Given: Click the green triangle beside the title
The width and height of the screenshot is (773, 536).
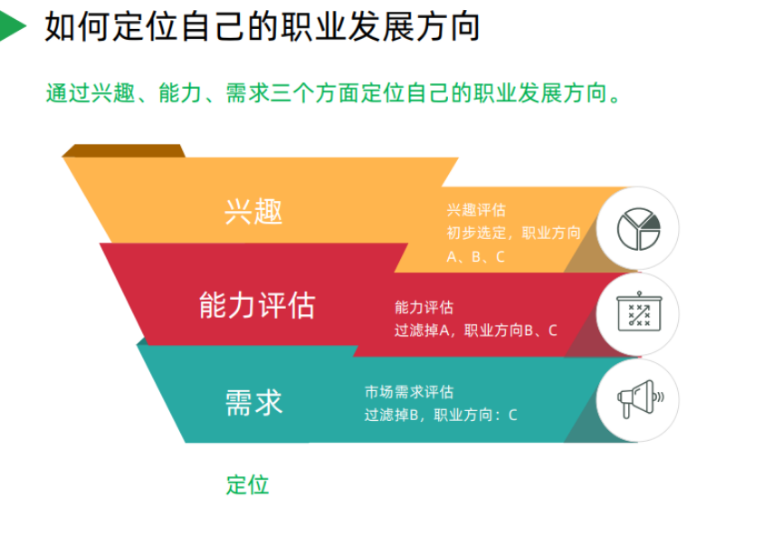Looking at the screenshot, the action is click(x=11, y=26).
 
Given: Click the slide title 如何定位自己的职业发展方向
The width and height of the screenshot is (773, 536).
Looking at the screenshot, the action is click(x=262, y=27).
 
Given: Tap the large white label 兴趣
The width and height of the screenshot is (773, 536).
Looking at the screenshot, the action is click(x=253, y=211).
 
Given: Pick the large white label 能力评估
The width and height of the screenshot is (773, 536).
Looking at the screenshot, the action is click(x=257, y=305).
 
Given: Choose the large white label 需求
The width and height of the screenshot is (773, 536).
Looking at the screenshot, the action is click(x=253, y=401).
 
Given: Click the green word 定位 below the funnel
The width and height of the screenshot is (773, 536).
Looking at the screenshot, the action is click(x=247, y=484).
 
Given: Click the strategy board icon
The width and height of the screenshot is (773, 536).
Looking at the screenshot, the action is click(x=638, y=313).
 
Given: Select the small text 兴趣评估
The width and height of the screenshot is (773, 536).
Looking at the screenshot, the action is click(x=475, y=210).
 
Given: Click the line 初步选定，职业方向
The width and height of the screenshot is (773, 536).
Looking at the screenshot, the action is click(x=513, y=233).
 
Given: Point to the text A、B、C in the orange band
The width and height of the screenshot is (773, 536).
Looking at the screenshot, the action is click(x=475, y=256).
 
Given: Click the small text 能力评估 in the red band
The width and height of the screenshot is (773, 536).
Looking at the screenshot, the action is click(x=424, y=308).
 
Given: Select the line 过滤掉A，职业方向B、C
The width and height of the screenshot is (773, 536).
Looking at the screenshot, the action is click(x=475, y=330).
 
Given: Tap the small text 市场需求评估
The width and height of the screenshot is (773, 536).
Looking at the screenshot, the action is click(x=408, y=392).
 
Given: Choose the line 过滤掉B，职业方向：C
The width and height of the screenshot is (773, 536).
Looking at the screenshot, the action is click(x=441, y=415).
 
